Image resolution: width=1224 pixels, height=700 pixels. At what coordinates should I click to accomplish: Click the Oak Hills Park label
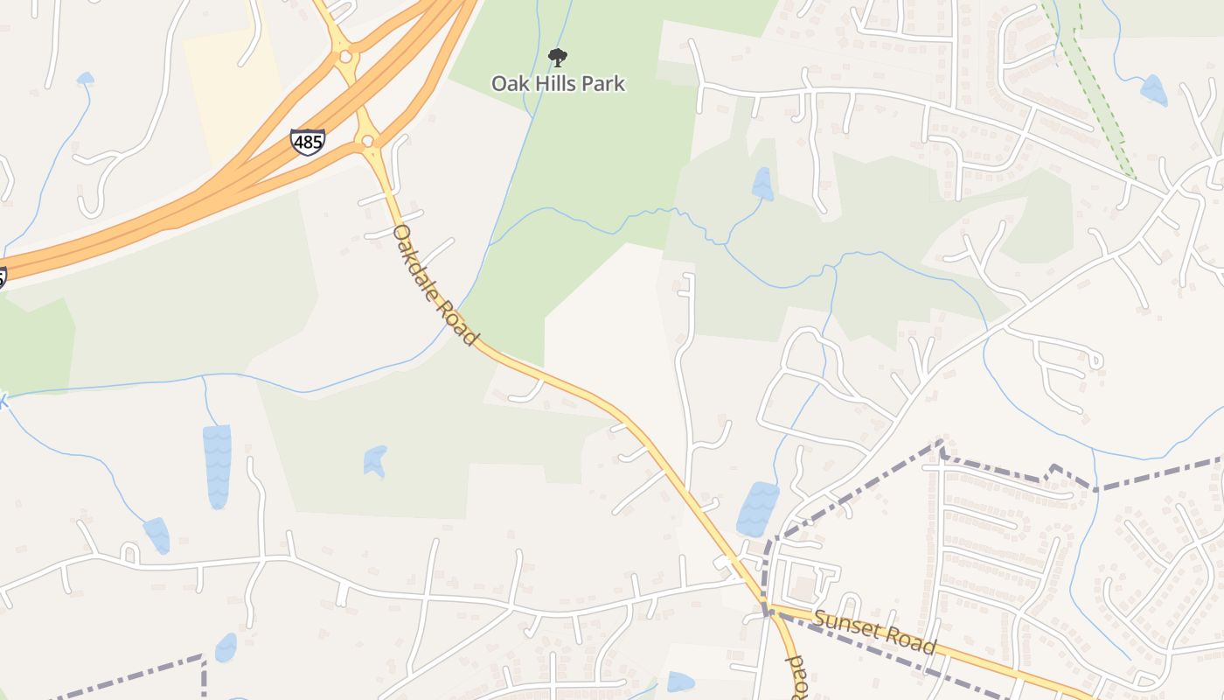coord(558,84)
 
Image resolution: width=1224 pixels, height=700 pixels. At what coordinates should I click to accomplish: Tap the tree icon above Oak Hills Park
coord(557,58)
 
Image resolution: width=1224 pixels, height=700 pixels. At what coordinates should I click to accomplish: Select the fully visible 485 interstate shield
coord(308,142)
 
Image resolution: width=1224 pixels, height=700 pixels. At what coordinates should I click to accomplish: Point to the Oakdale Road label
coord(435,285)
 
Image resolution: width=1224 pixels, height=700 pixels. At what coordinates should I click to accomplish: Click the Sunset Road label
coord(875,633)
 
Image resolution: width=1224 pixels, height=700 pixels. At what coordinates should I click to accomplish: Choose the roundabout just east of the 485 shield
coord(367,140)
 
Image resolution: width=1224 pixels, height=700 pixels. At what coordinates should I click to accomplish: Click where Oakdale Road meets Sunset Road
coord(768,610)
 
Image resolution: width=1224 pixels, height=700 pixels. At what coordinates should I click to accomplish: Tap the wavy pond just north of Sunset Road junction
coord(757,509)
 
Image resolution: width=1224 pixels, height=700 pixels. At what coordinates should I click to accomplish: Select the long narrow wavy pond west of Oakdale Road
coord(217,465)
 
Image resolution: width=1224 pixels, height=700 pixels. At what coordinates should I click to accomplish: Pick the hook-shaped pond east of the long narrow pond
coord(375,460)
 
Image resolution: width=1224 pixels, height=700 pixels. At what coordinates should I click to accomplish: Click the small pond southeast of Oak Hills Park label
coord(762,184)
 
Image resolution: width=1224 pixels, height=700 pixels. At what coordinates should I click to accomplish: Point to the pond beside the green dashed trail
coord(1153,90)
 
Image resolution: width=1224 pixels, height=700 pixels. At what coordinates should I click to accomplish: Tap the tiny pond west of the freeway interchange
coord(85,79)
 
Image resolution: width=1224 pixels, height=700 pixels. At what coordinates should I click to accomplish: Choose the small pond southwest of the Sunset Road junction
coord(680,682)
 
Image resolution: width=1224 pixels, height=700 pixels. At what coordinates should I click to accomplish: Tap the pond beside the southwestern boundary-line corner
coord(226,647)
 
